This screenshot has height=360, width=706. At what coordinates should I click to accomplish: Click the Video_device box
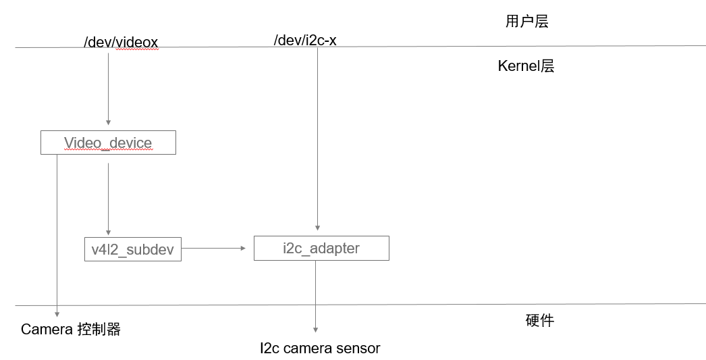click(x=108, y=143)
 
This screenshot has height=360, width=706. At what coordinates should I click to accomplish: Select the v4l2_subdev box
click(x=132, y=249)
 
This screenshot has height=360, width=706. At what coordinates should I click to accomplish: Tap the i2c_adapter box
click(x=321, y=248)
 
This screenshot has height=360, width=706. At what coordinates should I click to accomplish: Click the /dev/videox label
click(x=121, y=43)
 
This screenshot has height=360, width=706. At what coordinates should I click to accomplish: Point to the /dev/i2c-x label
click(x=305, y=41)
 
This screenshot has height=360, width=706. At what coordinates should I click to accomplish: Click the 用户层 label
click(x=526, y=21)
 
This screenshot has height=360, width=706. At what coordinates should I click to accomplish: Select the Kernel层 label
click(x=526, y=66)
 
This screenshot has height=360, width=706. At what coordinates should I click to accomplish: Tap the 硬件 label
click(x=539, y=320)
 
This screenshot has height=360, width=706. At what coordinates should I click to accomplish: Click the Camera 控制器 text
click(x=71, y=330)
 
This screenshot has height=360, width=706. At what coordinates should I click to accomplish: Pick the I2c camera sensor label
click(x=320, y=349)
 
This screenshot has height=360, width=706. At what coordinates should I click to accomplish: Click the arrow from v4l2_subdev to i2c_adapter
click(x=213, y=248)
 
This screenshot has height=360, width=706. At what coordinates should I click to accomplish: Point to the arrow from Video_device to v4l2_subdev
click(x=108, y=196)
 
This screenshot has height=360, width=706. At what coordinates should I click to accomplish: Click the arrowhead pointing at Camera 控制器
click(x=57, y=313)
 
